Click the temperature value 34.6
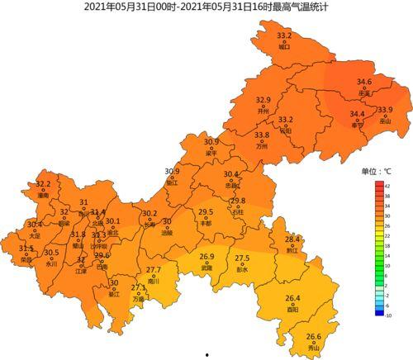364,82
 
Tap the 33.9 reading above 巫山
385,110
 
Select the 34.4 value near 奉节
357,114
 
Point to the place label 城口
284,47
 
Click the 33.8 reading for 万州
262,135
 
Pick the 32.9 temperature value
263,100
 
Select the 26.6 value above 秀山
313,336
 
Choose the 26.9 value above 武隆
206,257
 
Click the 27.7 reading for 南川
154,270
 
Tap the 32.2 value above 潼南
43,184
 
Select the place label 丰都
206,224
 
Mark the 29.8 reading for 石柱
238,201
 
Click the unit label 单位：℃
376,172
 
